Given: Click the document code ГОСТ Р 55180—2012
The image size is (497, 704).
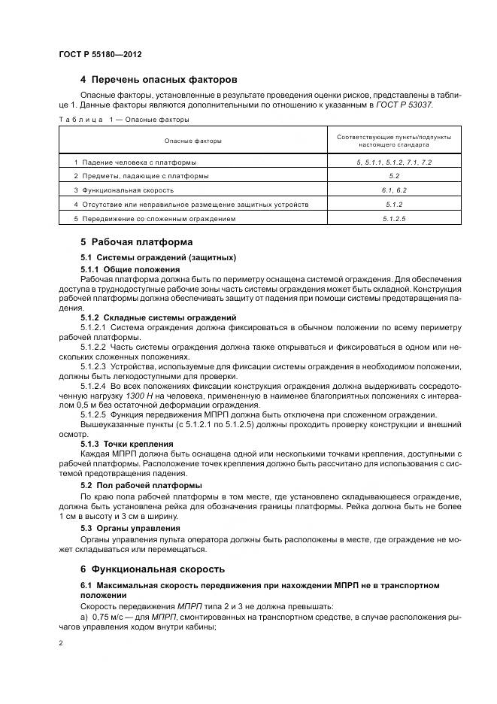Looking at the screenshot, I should [100, 56].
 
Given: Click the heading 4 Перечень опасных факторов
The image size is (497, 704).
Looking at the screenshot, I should [159, 80].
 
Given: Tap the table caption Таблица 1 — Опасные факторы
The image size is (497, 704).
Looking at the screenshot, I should [124, 119].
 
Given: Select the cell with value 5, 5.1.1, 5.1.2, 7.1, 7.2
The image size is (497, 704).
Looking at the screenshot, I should [395, 162].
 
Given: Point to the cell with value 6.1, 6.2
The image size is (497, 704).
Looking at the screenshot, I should [395, 190].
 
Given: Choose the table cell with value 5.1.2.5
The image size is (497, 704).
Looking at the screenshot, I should [395, 218].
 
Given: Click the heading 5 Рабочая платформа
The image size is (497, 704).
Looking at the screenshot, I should [136, 242].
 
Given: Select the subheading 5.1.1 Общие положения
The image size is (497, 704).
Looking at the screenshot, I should [130, 269].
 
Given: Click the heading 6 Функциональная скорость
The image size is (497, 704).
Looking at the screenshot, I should [152, 569].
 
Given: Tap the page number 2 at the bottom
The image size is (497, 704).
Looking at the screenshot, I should [61, 644].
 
